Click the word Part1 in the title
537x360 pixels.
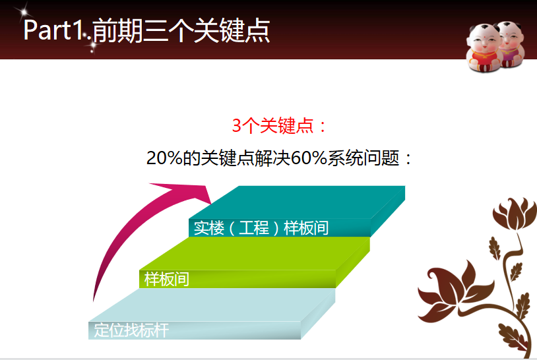click(x=52, y=30)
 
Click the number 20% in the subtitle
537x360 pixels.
click(x=164, y=158)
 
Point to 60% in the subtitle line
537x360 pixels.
click(x=309, y=158)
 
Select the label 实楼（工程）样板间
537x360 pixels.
click(x=261, y=228)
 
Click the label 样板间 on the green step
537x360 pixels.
click(x=166, y=279)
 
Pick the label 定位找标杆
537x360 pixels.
click(x=131, y=330)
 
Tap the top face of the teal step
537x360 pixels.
click(x=297, y=202)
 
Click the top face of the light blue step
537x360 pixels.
click(x=212, y=305)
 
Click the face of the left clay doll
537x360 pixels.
click(x=483, y=40)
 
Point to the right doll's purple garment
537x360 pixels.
click(x=509, y=54)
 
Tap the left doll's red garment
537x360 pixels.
click(x=483, y=57)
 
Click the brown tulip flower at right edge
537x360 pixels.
click(x=514, y=214)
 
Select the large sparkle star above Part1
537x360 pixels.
click(x=23, y=13)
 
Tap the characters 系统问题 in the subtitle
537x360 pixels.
click(x=363, y=158)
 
